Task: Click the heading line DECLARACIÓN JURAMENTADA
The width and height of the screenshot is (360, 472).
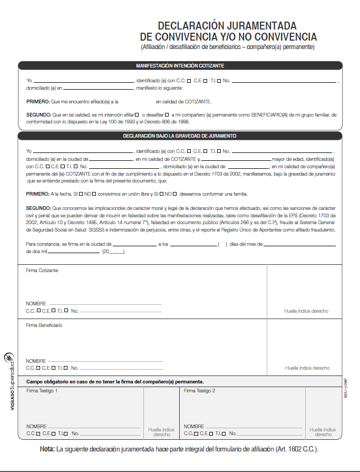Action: click(x=227, y=26)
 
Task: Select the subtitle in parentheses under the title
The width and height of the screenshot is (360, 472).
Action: click(x=227, y=47)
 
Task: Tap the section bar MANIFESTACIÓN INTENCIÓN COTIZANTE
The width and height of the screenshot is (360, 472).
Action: click(x=180, y=66)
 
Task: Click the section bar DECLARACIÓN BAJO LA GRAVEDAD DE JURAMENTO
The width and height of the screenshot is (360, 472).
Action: click(x=180, y=136)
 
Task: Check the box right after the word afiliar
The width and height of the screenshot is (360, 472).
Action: click(x=137, y=114)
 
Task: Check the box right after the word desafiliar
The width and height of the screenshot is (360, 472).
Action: click(x=167, y=114)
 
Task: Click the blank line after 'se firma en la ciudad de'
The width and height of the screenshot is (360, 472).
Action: click(x=134, y=245)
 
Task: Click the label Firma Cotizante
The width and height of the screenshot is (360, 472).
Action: click(x=42, y=271)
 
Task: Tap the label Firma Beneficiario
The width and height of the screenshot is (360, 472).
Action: click(x=44, y=325)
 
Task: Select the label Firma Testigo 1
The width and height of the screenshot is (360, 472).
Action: click(x=42, y=391)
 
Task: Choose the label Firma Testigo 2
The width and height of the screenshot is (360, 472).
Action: click(x=199, y=391)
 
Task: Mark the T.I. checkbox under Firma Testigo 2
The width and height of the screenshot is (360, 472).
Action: click(x=225, y=434)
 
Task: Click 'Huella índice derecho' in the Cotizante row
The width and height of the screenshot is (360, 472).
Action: click(x=306, y=311)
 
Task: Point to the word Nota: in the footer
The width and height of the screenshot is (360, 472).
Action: click(x=47, y=449)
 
